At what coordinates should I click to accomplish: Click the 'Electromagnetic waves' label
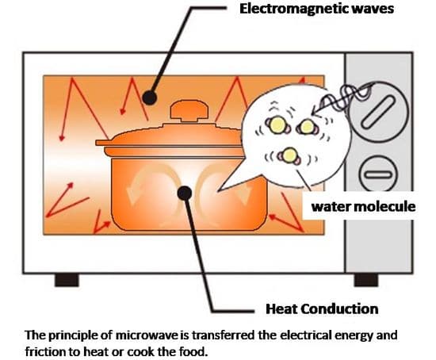[x=316, y=9]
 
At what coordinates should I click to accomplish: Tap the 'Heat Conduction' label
[x=322, y=308]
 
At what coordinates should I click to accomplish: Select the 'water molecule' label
[x=363, y=206]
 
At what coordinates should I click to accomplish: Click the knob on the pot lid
[x=189, y=111]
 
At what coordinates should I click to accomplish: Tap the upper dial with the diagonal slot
[x=378, y=112]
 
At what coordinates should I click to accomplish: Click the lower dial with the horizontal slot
[x=378, y=174]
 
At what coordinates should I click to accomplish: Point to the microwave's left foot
[x=67, y=280]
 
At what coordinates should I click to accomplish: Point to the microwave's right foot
[x=366, y=280]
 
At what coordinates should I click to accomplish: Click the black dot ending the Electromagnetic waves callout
[x=150, y=98]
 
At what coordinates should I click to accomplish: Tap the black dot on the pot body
[x=185, y=193]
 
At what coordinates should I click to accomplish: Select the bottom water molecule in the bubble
[x=290, y=155]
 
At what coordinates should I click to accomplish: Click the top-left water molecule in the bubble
[x=277, y=124]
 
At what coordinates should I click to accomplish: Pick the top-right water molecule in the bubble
[x=307, y=127]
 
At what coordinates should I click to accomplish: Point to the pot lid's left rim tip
[x=97, y=143]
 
